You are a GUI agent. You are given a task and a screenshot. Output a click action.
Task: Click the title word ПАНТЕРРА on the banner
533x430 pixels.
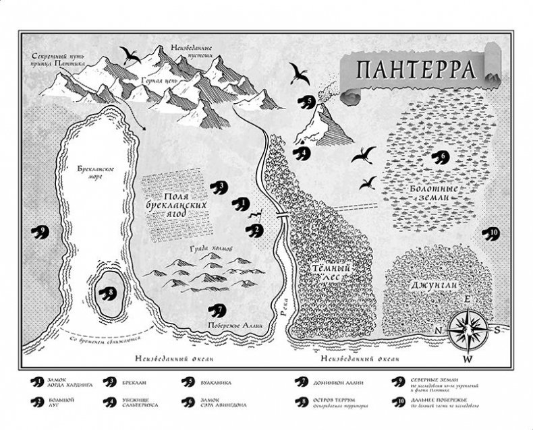pyautogui.click(x=412, y=69)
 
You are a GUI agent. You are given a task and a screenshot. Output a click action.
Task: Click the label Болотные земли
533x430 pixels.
pyautogui.click(x=435, y=191)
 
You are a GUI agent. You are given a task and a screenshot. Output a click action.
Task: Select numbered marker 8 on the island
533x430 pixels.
pyautogui.click(x=107, y=293)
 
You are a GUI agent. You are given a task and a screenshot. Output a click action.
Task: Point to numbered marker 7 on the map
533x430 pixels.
pyautogui.click(x=217, y=310)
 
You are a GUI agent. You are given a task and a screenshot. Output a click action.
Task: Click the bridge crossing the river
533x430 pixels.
pyautogui.click(x=283, y=215)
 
